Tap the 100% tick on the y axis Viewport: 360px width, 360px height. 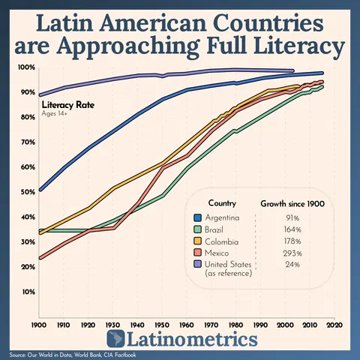click(26, 67)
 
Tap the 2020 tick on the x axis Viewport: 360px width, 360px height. click(334, 326)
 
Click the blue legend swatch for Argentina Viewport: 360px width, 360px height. click(198, 217)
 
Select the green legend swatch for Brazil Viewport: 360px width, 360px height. click(198, 229)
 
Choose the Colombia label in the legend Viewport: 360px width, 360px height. click(223, 242)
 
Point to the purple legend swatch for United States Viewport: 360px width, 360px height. click(198, 266)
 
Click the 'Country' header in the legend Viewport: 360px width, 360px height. click(223, 203)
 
